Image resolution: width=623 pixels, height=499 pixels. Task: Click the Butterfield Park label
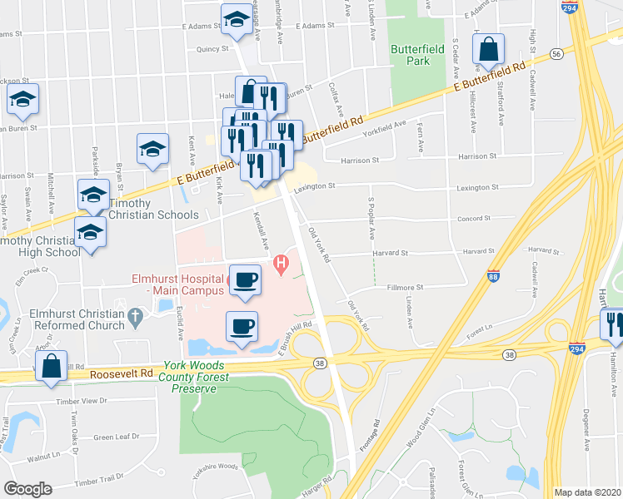click(x=415, y=55)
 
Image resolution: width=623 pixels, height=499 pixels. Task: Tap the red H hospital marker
click(x=282, y=265)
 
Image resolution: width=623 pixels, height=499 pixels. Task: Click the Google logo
click(x=27, y=489)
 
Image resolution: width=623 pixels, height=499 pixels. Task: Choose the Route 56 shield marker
click(x=556, y=52)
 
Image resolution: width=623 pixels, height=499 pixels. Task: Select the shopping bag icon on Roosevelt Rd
click(x=52, y=366)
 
